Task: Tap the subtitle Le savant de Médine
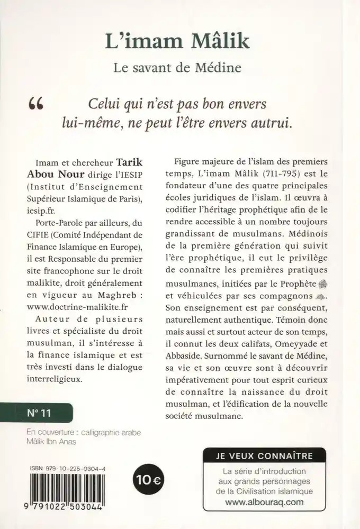coord(179,68)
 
